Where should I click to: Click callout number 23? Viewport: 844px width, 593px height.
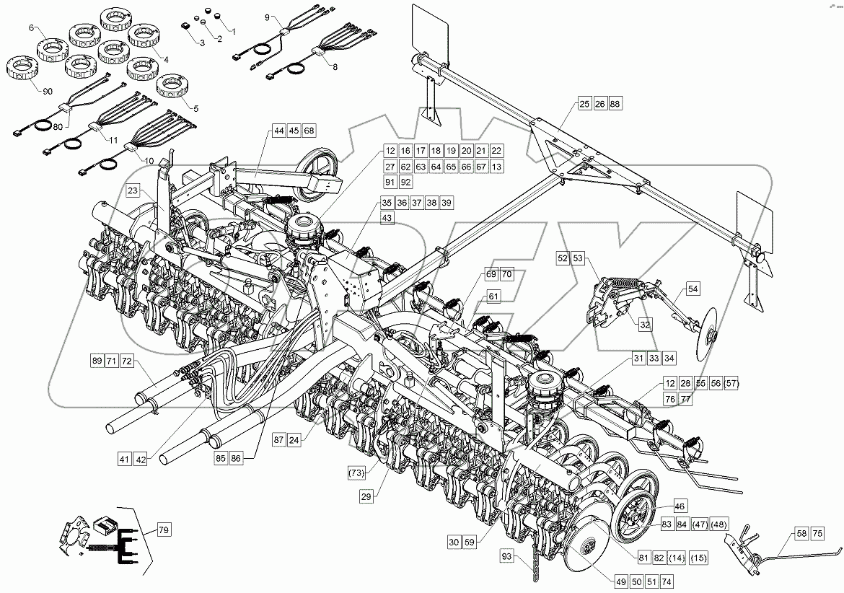(133, 191)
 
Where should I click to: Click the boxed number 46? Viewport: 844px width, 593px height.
(681, 506)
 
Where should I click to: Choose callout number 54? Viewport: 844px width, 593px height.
(693, 289)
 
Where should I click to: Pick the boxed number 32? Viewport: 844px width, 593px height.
(645, 325)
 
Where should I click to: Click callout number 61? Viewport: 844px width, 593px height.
(493, 296)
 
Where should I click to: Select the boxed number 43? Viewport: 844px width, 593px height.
(388, 217)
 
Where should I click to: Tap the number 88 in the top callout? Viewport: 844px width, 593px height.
(615, 104)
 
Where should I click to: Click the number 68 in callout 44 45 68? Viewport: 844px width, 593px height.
(309, 131)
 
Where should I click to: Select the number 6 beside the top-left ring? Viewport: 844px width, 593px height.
(31, 27)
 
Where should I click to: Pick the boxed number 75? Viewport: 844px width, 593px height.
(816, 534)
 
